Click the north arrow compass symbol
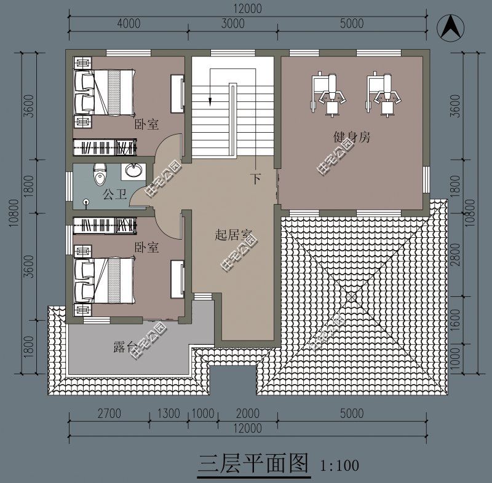(x=450, y=26)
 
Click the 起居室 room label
(x=234, y=235)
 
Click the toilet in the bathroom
(x=98, y=175)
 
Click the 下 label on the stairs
(x=256, y=179)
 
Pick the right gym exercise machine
(x=383, y=92)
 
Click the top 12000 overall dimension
(x=247, y=9)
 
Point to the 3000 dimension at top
(x=233, y=24)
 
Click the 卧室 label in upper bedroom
(x=146, y=125)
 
